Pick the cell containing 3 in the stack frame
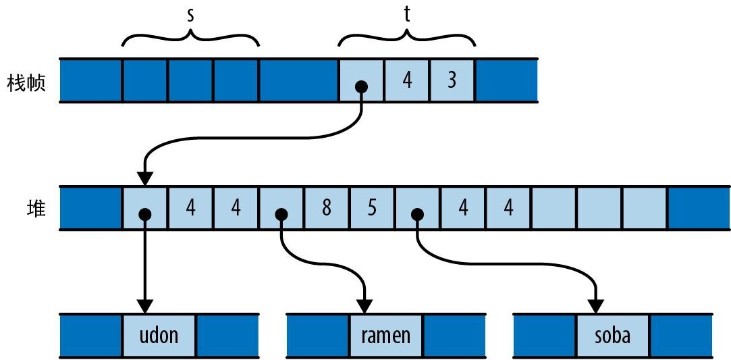point(452,81)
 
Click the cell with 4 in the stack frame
point(406,81)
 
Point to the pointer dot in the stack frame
point(362,86)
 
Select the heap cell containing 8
point(327,208)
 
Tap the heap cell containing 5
point(372,208)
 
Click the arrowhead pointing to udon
point(144,306)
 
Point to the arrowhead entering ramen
point(365,306)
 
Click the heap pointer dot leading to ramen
point(281,214)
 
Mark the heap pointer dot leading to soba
point(418,214)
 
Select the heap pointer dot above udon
point(144,214)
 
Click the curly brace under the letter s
point(191,37)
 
